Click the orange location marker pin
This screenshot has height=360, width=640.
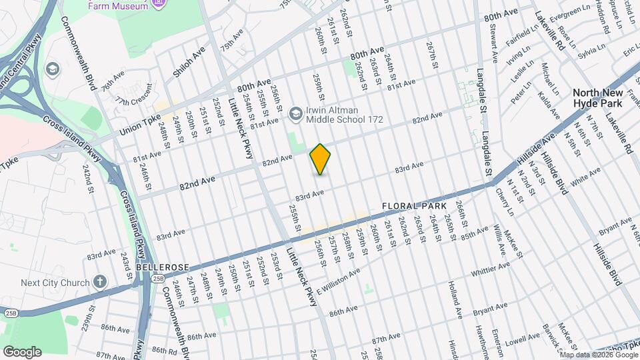point(321,159)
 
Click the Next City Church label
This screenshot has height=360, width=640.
point(55,283)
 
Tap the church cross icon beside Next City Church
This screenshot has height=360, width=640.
point(99,283)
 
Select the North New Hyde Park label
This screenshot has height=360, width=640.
point(598,99)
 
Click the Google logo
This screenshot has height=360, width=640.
point(21,351)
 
